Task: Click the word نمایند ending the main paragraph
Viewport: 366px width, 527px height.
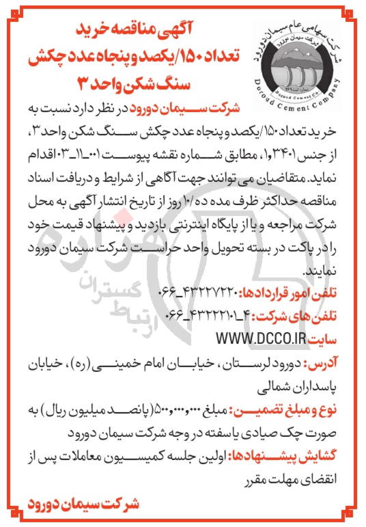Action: point(328,272)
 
